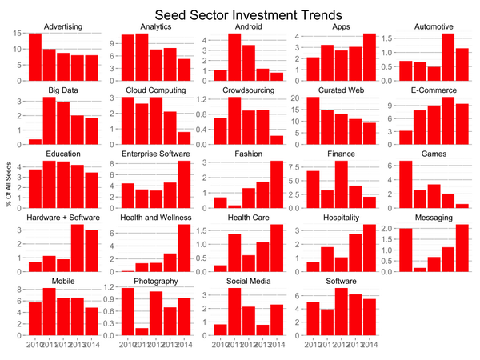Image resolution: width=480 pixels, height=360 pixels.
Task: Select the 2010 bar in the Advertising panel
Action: pos(35,57)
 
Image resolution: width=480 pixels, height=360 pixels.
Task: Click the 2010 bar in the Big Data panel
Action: pos(35,142)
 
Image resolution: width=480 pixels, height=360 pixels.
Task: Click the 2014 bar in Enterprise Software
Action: pos(186,185)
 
